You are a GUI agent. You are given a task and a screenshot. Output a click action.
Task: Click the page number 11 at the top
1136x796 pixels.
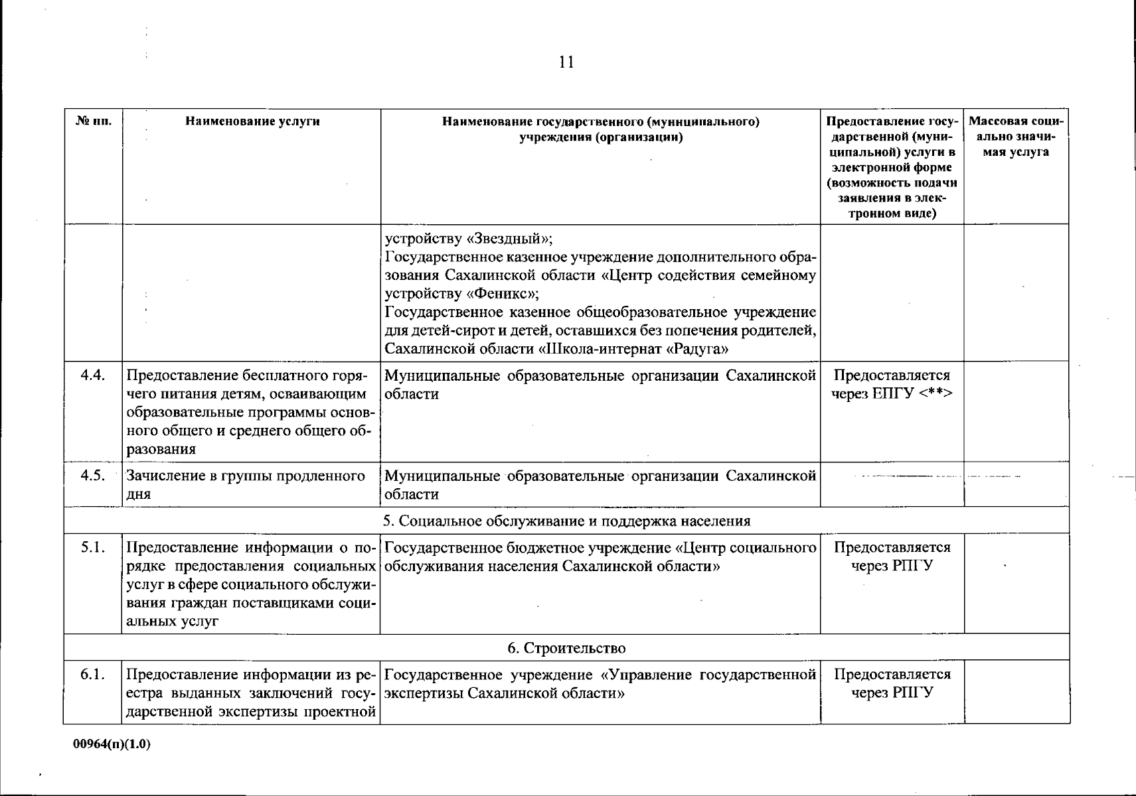pos(566,62)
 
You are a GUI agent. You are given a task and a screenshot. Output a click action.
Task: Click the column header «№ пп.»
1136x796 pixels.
pos(93,121)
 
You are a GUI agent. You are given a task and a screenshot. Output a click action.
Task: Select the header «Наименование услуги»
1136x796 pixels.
pos(252,121)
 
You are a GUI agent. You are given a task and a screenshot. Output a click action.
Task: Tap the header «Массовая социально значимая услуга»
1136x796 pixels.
pos(1016,137)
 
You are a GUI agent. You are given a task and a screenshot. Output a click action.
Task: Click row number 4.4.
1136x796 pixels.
pos(93,375)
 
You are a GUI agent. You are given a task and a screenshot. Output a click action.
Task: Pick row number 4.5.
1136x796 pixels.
pos(93,476)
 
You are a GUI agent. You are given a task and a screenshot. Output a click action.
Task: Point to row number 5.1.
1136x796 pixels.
pos(93,548)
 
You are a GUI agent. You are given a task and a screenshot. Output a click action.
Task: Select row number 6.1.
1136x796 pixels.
pos(93,675)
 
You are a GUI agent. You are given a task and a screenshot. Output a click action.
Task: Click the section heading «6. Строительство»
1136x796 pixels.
pos(566,647)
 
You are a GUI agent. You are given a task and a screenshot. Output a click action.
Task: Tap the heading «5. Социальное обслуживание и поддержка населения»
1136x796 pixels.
pos(566,521)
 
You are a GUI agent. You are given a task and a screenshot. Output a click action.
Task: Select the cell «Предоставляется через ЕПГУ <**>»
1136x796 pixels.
pos(892,385)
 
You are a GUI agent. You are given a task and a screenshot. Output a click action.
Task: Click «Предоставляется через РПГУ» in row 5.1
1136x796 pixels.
pos(892,557)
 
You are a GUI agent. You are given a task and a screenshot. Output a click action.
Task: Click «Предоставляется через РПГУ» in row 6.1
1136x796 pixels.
pos(892,684)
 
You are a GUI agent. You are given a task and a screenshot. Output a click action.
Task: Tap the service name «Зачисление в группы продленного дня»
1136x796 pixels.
pos(246,485)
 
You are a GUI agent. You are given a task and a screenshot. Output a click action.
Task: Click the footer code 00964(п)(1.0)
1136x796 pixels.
pos(112,744)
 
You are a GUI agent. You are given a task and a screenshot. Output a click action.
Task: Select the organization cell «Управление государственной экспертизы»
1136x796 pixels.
pos(600,684)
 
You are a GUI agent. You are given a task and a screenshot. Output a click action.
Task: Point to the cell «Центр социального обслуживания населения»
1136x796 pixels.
pos(600,557)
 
